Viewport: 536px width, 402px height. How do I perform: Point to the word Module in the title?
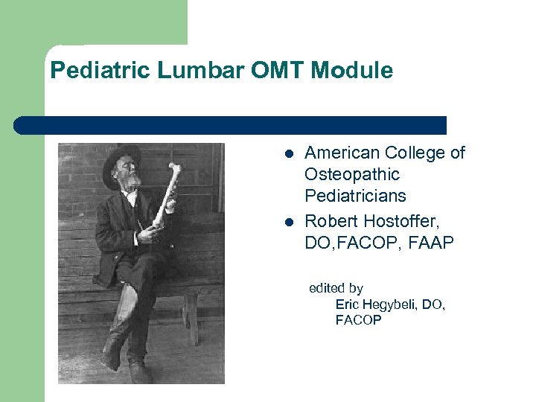point(351,71)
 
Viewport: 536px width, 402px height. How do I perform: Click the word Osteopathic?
point(352,175)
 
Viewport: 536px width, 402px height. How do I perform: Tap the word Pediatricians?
point(355,196)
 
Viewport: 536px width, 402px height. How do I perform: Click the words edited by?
point(336,288)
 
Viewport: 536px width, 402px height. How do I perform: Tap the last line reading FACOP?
point(358,320)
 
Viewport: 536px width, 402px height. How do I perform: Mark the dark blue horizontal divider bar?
point(230,125)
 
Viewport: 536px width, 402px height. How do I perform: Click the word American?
point(342,153)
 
